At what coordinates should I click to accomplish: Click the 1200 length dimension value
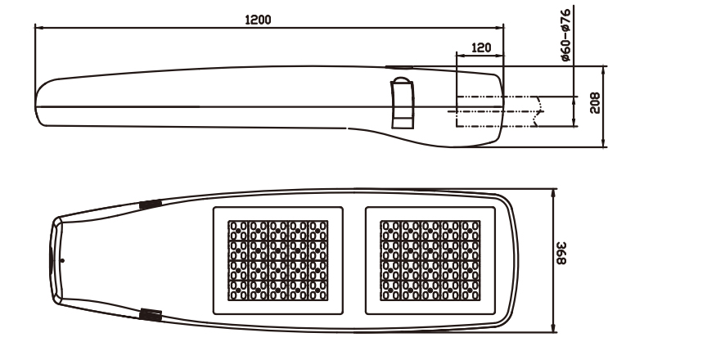click(259, 19)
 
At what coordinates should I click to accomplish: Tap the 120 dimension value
click(481, 47)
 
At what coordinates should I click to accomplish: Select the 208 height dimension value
click(595, 103)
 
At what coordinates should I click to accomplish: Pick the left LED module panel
click(278, 259)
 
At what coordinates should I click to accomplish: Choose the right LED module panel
click(431, 259)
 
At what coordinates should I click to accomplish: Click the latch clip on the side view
click(403, 103)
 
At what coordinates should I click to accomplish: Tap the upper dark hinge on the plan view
click(150, 205)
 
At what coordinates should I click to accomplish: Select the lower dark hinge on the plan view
click(150, 313)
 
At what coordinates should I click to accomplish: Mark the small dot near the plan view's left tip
click(63, 259)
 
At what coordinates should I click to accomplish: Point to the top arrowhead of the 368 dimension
click(554, 193)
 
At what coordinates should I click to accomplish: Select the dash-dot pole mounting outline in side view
click(498, 112)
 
